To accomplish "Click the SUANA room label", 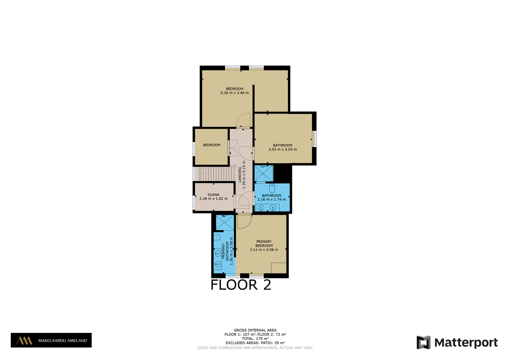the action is click(x=213, y=195).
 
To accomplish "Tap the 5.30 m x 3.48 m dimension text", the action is click(x=234, y=93).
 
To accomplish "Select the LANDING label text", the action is click(x=240, y=175).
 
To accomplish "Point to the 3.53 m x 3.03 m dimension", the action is click(x=283, y=149).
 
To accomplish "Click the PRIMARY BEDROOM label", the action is click(x=264, y=244).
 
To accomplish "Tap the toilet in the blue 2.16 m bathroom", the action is click(x=272, y=188).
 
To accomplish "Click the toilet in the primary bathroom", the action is click(x=217, y=238).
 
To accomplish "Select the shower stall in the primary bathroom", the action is click(x=225, y=222).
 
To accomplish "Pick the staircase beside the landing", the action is click(x=214, y=174).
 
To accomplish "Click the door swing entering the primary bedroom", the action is click(x=245, y=222).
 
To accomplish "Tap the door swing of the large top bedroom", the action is click(x=243, y=121).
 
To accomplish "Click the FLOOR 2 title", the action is click(x=241, y=285).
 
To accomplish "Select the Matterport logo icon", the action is click(x=423, y=342).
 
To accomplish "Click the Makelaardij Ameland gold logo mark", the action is click(x=24, y=341).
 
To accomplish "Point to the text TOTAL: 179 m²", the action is click(x=255, y=338).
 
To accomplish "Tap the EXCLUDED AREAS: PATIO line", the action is click(x=255, y=343).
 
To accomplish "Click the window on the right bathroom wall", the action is click(x=315, y=139).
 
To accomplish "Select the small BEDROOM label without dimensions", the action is click(x=212, y=145).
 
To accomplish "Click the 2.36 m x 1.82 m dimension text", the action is click(x=213, y=198).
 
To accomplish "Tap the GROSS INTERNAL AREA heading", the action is click(x=255, y=330).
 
